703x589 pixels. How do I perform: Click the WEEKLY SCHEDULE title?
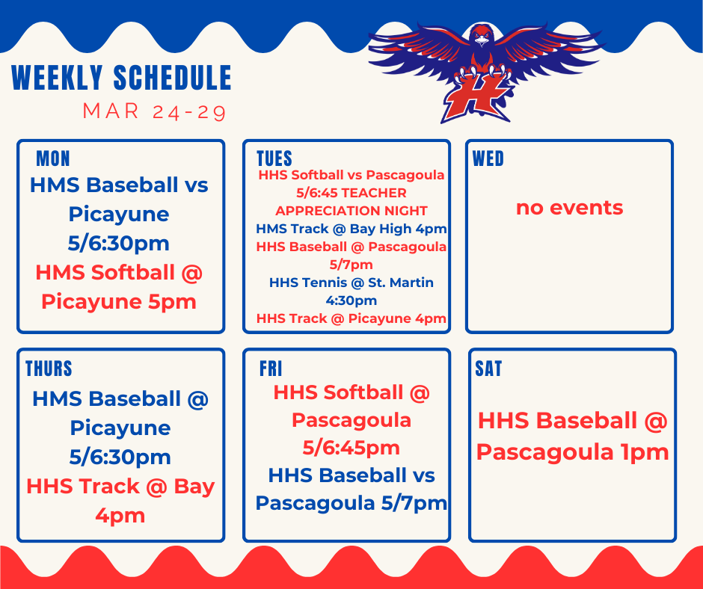122,78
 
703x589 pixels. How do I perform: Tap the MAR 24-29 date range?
154,111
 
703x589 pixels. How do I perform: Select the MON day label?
53,158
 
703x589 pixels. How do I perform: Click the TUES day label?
274,158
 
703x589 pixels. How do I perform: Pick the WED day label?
488,158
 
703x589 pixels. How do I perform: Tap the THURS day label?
49,368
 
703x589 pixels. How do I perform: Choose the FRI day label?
271,368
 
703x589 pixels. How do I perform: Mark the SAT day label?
488,368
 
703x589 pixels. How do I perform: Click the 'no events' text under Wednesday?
569,207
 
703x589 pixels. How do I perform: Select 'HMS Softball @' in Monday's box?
119,272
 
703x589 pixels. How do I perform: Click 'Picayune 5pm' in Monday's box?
119,301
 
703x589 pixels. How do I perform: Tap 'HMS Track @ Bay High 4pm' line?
351,229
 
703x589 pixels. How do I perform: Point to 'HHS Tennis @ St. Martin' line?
351,283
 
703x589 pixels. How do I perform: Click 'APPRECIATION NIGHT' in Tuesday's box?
351,211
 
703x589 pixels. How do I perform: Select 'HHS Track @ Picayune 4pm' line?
351,318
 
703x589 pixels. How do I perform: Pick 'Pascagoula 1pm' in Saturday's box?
572,451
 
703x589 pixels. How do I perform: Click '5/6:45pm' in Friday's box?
351,448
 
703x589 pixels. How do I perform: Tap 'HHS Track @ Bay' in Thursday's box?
120,487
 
